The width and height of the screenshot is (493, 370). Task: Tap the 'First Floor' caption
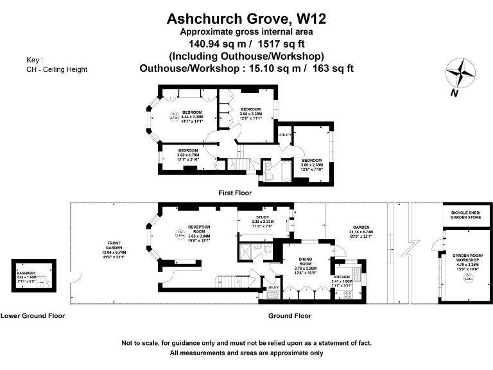[234, 192]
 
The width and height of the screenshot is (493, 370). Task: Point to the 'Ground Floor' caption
[290, 315]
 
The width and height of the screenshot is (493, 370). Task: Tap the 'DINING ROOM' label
[306, 261]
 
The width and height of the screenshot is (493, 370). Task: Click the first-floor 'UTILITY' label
[284, 134]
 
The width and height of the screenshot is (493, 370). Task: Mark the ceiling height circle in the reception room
[180, 233]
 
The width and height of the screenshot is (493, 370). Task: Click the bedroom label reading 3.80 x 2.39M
[313, 162]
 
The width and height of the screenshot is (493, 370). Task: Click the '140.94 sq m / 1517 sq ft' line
[246, 44]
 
